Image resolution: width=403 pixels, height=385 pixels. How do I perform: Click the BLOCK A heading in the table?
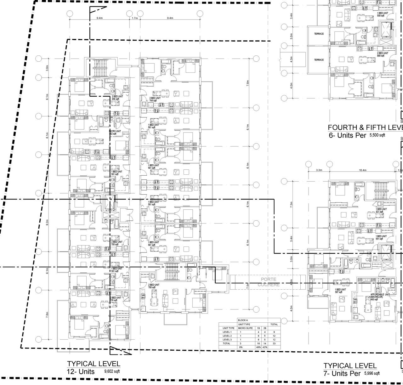(x=243, y=320)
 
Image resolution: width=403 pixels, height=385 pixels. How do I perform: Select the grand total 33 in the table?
(x=274, y=343)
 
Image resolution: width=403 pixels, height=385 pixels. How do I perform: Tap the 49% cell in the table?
(x=258, y=347)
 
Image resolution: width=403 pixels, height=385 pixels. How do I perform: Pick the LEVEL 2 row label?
(x=227, y=336)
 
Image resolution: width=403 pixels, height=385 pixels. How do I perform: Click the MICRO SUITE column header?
(x=246, y=328)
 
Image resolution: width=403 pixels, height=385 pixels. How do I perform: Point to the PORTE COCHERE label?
(x=269, y=282)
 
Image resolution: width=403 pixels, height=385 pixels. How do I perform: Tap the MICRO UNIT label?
(x=115, y=133)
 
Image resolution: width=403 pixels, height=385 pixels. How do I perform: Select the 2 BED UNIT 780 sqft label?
(x=154, y=286)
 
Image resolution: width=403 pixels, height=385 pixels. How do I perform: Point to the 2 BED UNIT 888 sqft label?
(x=383, y=54)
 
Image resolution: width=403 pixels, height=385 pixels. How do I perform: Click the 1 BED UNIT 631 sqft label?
(x=381, y=210)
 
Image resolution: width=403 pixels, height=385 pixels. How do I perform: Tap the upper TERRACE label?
(x=319, y=34)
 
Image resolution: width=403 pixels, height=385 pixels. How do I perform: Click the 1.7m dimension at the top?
(x=134, y=18)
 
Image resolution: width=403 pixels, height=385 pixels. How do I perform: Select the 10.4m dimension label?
(x=363, y=170)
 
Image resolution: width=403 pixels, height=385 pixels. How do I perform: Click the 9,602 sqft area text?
(x=112, y=371)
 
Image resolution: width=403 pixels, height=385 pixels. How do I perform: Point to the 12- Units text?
(x=81, y=372)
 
